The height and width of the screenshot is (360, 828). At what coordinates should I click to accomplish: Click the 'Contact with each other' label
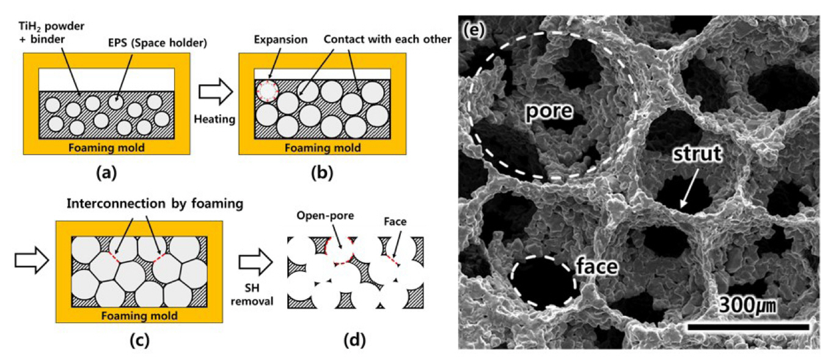[388, 40]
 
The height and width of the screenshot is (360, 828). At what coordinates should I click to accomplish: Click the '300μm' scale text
[749, 304]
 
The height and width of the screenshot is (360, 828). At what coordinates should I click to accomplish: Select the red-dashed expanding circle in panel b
[267, 90]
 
